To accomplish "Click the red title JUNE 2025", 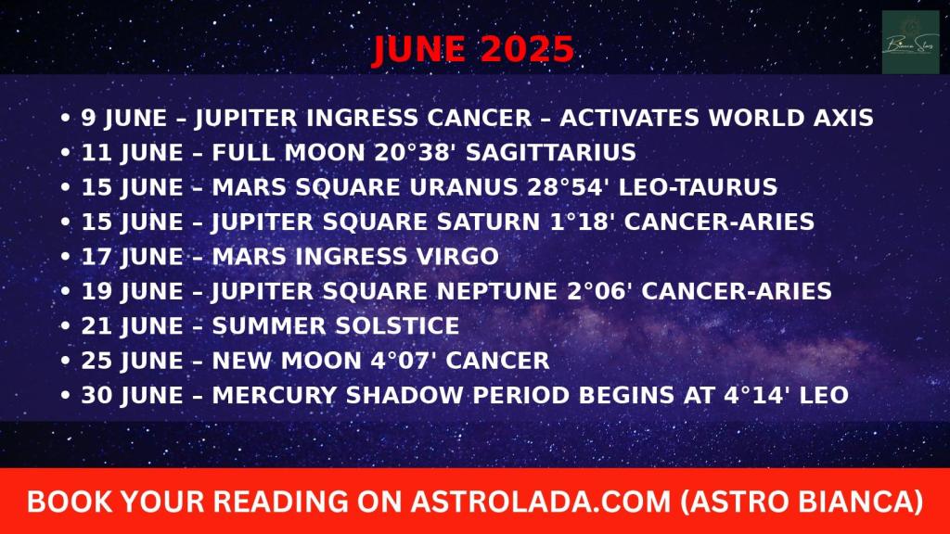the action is click(472, 49).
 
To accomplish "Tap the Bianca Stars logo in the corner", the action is click(911, 42).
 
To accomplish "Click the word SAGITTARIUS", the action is click(551, 152).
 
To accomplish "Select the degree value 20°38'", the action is click(415, 152).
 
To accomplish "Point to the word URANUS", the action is click(464, 186).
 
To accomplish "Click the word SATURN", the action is click(488, 222).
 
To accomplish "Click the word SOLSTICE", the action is click(397, 325).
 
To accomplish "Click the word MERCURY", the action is click(274, 395).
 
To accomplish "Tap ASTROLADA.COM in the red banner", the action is click(541, 502).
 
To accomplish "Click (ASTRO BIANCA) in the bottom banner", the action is click(802, 502).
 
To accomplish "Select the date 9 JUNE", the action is click(124, 118).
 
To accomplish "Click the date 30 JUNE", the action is click(132, 395).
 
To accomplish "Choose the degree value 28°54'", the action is click(569, 186).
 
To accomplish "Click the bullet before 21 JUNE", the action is click(66, 326).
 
